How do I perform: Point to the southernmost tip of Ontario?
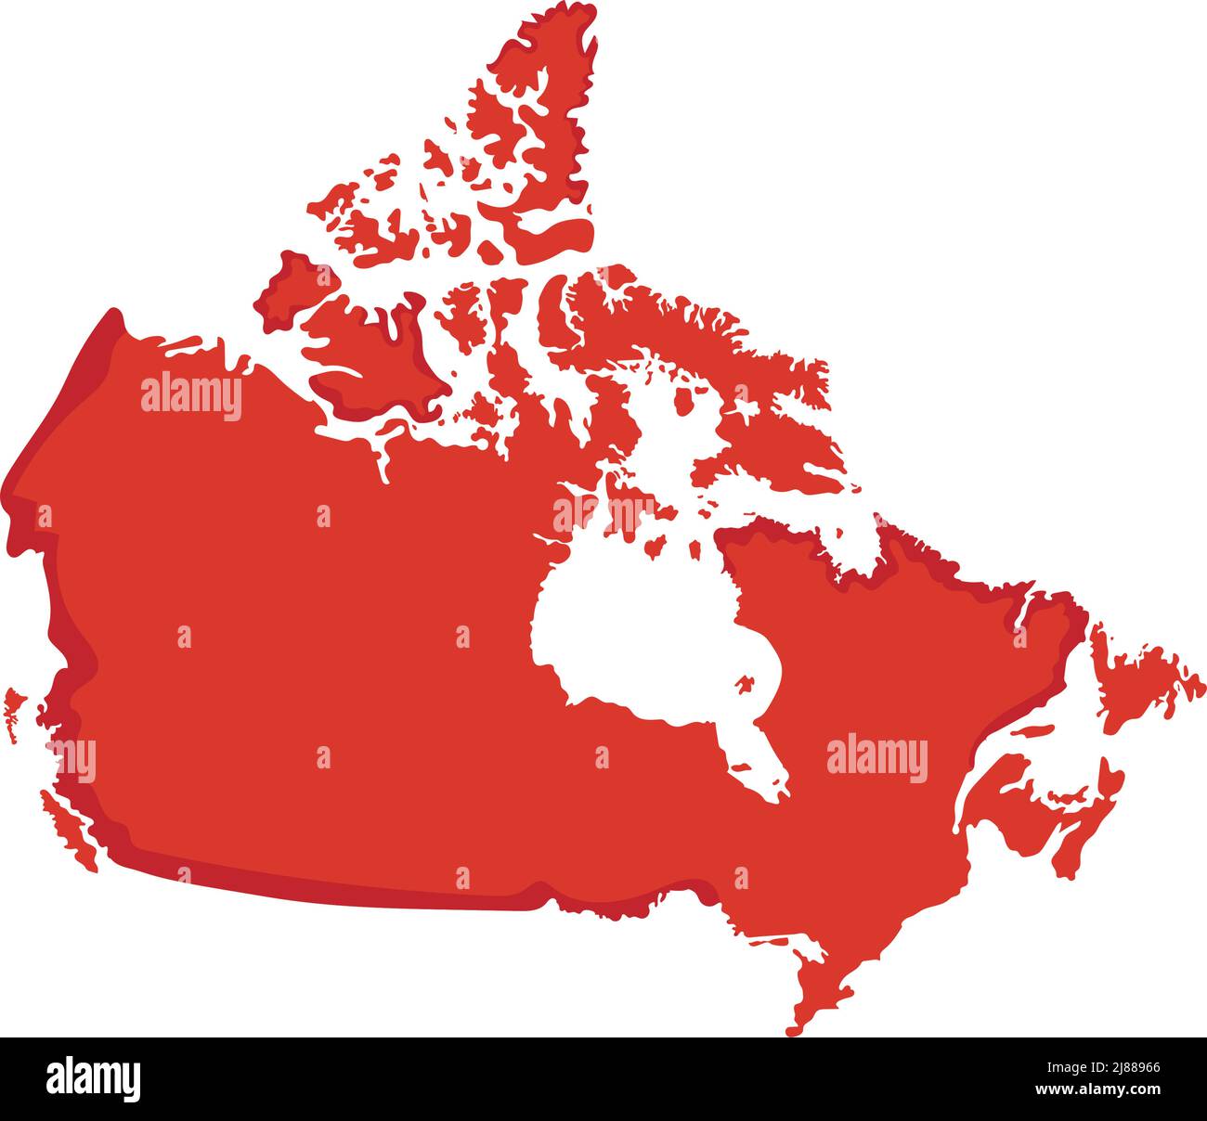tap(795, 1025)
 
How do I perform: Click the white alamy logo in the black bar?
tap(93, 1079)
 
